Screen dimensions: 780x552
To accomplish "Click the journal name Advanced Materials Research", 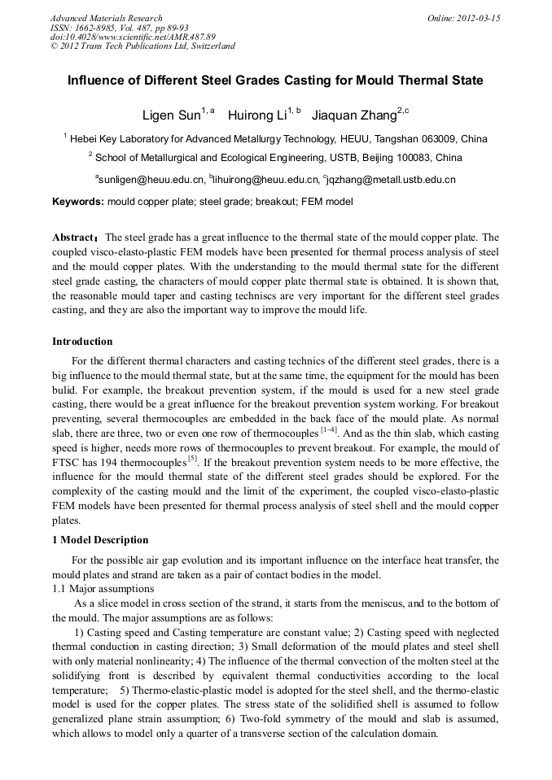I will point(107,18).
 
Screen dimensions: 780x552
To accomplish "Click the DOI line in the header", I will point(133,37).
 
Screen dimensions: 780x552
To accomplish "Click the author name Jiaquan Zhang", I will point(353,115).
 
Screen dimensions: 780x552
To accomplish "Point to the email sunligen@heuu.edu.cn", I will point(151,179).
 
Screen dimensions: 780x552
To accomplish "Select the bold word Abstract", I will point(73,237).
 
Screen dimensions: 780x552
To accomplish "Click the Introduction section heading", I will point(82,341).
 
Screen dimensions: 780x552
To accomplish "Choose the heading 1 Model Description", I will point(100,540).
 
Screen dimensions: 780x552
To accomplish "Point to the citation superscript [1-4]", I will point(329,428).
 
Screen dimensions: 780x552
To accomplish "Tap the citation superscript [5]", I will point(193,457).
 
